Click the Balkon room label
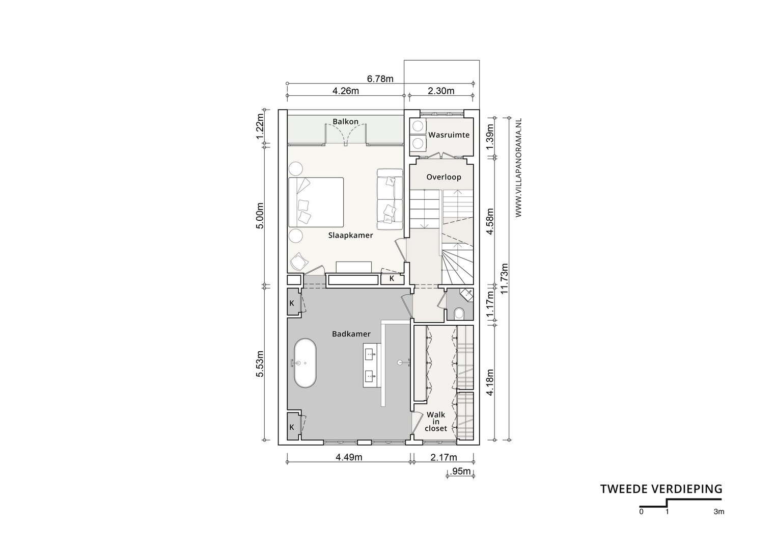coord(345,121)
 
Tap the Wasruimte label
coord(449,135)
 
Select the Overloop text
coord(444,177)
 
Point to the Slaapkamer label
coord(351,236)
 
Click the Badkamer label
coord(351,334)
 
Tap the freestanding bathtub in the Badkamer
coord(305,363)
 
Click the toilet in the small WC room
coord(459,313)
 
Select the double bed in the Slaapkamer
coord(316,202)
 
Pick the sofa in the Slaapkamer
coord(390,199)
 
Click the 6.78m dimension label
coord(380,79)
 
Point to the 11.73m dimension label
coord(504,278)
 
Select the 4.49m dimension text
coord(349,457)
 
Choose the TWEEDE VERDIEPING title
coord(661,489)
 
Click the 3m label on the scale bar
coord(719,512)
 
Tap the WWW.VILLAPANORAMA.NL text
coord(518,168)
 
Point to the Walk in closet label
coord(436,422)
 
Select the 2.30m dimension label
coord(441,91)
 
